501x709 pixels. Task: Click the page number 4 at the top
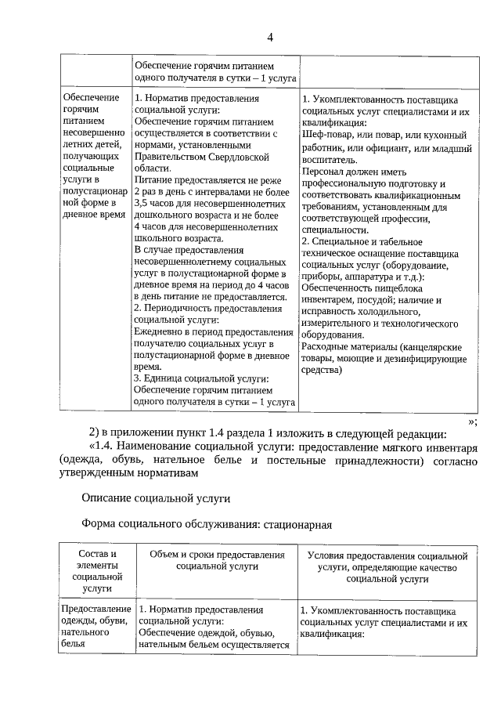270,37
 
